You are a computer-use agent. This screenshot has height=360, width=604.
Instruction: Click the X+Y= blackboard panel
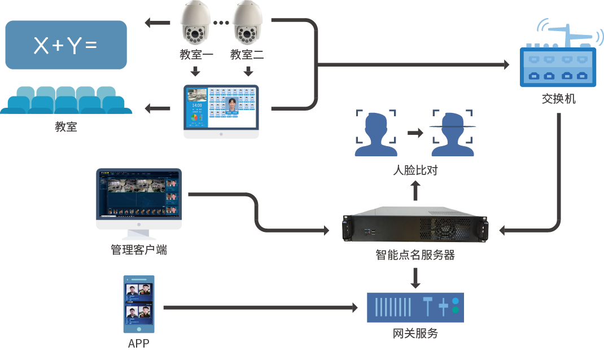pos(65,45)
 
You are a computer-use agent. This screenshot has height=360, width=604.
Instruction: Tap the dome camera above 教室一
pos(195,24)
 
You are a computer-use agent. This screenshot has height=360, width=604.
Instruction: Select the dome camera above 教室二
pos(248,24)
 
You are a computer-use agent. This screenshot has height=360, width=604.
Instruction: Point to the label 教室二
pos(247,55)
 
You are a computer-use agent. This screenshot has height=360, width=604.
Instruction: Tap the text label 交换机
pos(558,99)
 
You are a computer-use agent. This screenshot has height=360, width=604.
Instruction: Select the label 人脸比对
pos(415,170)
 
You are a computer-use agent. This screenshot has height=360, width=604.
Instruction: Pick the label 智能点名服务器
pos(415,255)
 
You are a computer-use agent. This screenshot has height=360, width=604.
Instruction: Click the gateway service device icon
pos(415,307)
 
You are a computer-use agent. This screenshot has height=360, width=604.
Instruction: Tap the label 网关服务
pos(415,333)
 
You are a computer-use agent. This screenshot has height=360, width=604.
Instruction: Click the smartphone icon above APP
pos(139,305)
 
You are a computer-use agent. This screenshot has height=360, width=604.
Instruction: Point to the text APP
pos(139,343)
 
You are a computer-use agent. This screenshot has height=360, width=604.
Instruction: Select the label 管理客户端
pos(139,250)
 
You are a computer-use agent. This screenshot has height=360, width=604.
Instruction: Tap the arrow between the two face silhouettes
pos(415,133)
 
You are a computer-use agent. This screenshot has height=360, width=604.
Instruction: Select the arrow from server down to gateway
pos(415,277)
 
